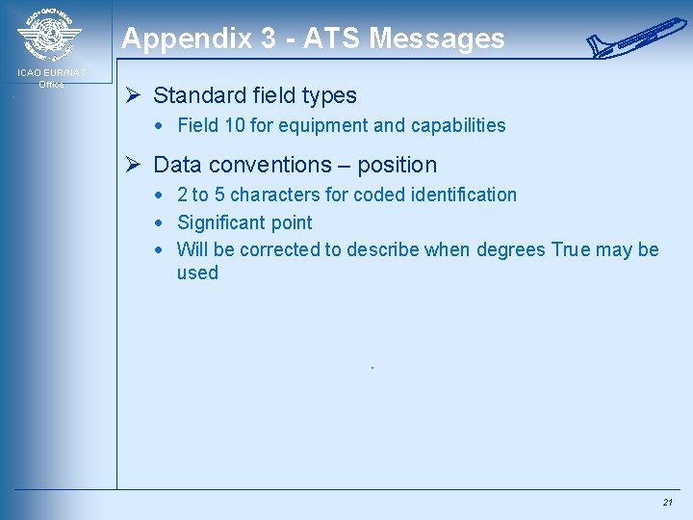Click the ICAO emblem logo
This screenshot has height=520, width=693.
(x=49, y=37)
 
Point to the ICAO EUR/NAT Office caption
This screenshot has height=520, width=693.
(x=51, y=78)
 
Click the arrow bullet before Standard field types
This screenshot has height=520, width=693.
(x=136, y=95)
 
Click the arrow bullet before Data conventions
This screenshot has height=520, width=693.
(x=136, y=165)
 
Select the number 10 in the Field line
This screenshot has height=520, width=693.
(x=235, y=125)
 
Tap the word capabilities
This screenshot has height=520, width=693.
(x=454, y=125)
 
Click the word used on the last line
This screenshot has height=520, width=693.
(x=197, y=273)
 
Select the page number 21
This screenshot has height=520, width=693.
(x=667, y=503)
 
